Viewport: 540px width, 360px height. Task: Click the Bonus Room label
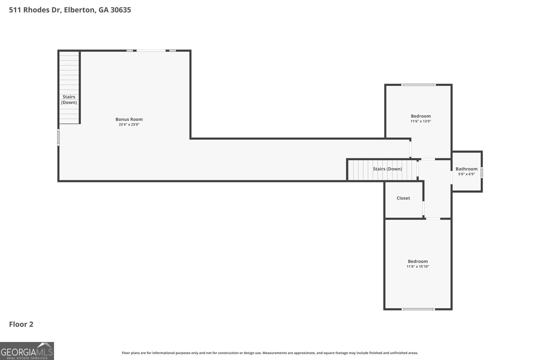click(129, 119)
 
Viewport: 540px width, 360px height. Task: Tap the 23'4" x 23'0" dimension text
click(129, 124)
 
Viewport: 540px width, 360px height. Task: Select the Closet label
click(403, 198)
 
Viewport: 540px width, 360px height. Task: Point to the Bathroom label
click(466, 169)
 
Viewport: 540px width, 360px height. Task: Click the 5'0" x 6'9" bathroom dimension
click(466, 174)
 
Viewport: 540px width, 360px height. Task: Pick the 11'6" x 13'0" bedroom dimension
click(421, 121)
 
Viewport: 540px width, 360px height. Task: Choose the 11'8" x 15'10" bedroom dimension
click(418, 267)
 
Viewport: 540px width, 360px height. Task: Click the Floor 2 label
click(21, 324)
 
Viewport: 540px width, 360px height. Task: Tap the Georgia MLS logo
click(27, 351)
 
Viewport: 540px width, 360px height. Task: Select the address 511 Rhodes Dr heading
click(70, 10)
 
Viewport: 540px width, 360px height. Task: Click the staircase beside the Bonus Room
click(69, 87)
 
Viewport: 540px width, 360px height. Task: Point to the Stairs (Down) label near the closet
click(387, 169)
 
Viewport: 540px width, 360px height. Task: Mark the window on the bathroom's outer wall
click(482, 172)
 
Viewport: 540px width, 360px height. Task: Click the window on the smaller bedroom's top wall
click(418, 85)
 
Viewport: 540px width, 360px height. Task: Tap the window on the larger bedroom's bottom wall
click(418, 309)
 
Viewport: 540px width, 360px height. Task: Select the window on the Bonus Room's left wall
click(58, 137)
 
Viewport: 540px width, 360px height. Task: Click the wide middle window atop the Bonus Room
click(151, 51)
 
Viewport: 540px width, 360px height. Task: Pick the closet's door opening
click(423, 208)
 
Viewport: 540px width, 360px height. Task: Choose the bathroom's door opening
click(452, 177)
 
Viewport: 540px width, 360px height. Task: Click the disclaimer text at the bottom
click(270, 353)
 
